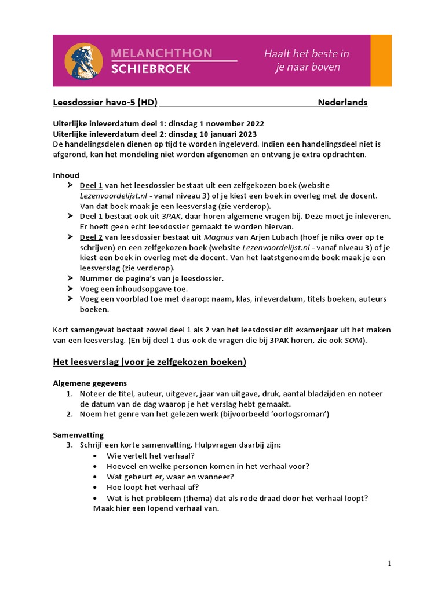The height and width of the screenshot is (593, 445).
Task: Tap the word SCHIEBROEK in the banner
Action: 150,69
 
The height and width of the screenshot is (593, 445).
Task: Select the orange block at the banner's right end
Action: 381,61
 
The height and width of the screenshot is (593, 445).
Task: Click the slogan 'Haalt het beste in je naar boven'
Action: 307,61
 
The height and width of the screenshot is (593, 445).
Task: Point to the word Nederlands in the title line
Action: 342,103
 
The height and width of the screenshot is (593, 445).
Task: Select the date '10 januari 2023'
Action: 232,134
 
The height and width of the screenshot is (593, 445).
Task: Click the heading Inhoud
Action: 66,175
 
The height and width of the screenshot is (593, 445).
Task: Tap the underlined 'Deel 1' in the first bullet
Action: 91,185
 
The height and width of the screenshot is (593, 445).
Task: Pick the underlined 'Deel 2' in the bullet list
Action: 91,237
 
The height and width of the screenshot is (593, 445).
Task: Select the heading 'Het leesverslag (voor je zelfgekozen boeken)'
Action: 149,362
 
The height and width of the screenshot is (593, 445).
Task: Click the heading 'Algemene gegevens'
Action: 90,383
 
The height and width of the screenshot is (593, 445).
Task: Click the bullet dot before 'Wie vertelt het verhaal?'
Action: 96,456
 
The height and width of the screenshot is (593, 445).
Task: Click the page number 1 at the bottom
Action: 389,563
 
